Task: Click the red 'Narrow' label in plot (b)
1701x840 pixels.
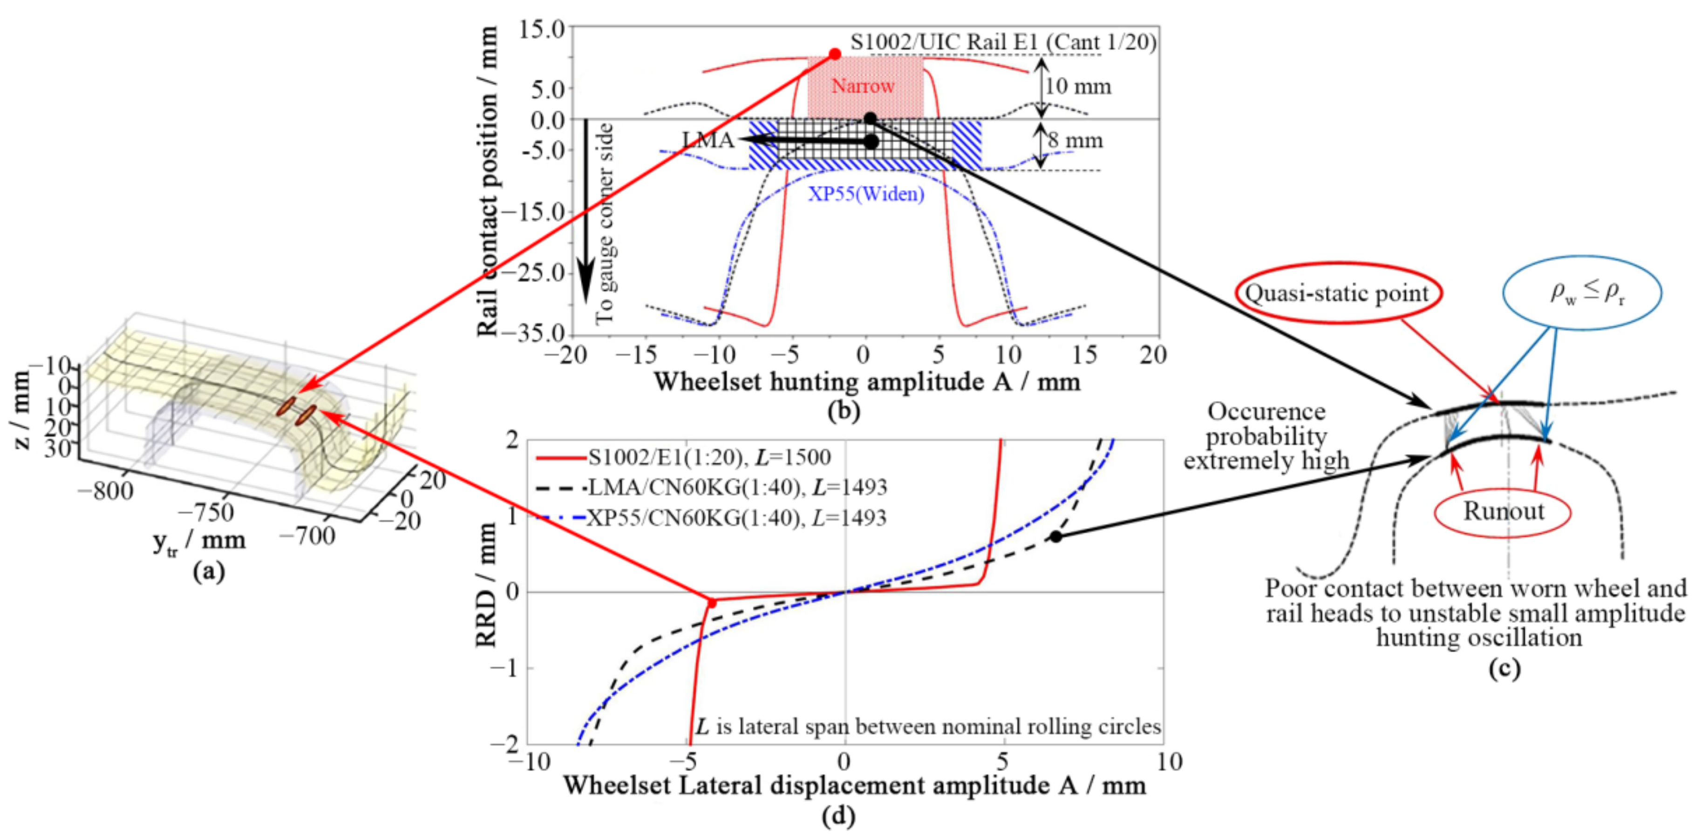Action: click(863, 86)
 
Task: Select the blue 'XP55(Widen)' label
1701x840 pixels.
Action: click(866, 194)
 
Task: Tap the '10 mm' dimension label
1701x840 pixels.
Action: click(1078, 87)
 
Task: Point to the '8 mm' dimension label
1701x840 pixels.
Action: click(1075, 141)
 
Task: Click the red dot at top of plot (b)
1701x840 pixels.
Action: click(835, 54)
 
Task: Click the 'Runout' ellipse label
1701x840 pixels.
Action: click(1504, 511)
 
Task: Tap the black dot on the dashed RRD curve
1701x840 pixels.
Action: click(1056, 537)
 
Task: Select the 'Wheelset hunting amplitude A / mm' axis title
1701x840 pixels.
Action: click(866, 382)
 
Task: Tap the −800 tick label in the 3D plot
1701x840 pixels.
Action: click(106, 491)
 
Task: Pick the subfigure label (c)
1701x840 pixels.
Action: click(1504, 669)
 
